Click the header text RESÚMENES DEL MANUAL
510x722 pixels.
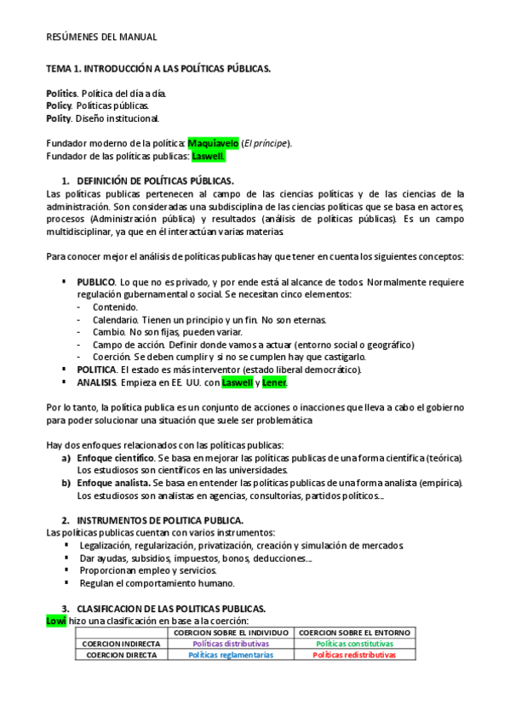101,37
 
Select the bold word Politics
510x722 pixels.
62,92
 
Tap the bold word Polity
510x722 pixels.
59,117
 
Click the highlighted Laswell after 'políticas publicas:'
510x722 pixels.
209,156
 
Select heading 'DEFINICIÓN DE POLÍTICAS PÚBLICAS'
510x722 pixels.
154,180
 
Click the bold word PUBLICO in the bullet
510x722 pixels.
96,281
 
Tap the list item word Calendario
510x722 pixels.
115,319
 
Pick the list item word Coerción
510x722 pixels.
112,357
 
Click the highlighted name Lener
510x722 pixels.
273,383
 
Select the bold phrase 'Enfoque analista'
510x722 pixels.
113,483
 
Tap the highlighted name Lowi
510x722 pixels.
55,621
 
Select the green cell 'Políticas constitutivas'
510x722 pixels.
354,644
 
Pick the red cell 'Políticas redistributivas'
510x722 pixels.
354,656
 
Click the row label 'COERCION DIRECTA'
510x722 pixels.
118,656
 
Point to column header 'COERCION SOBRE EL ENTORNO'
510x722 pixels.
354,633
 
